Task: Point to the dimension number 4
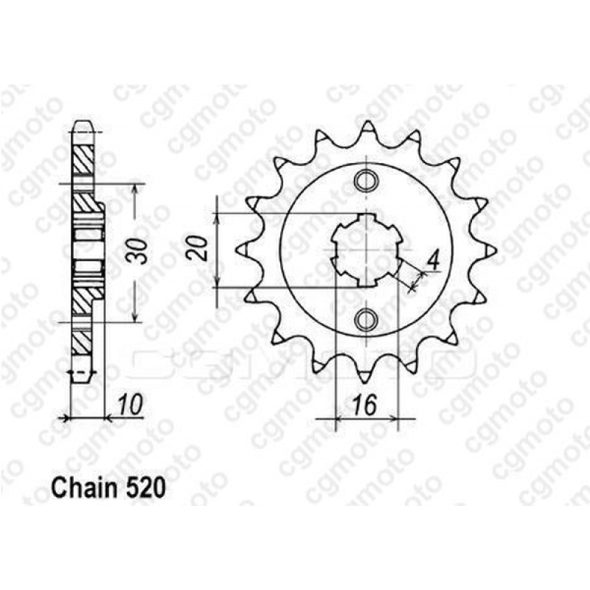(x=434, y=261)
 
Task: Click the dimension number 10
(x=131, y=405)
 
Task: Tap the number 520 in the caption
(x=145, y=489)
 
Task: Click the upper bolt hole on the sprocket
(x=365, y=180)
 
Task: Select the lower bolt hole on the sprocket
(x=365, y=320)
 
